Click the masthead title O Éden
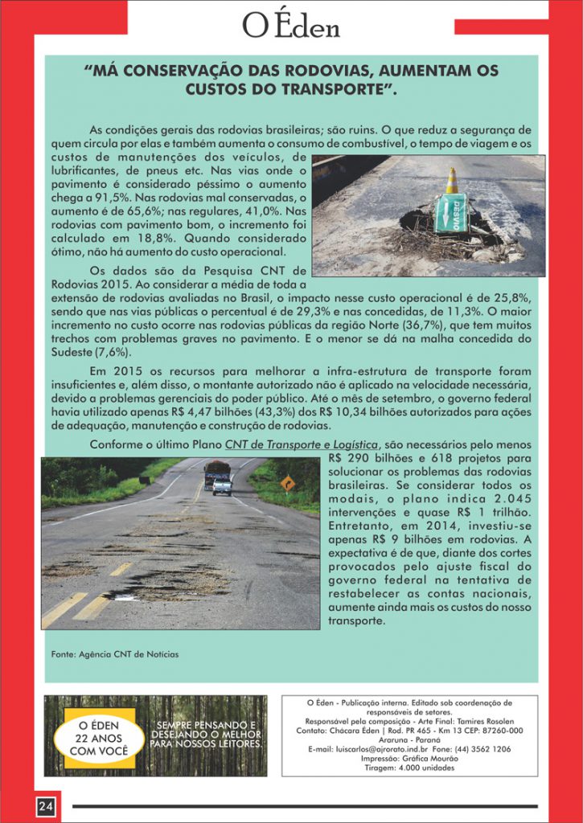coord(290,27)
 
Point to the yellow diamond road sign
coord(287,482)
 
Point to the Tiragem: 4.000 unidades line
coord(410,768)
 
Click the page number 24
coord(44,806)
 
